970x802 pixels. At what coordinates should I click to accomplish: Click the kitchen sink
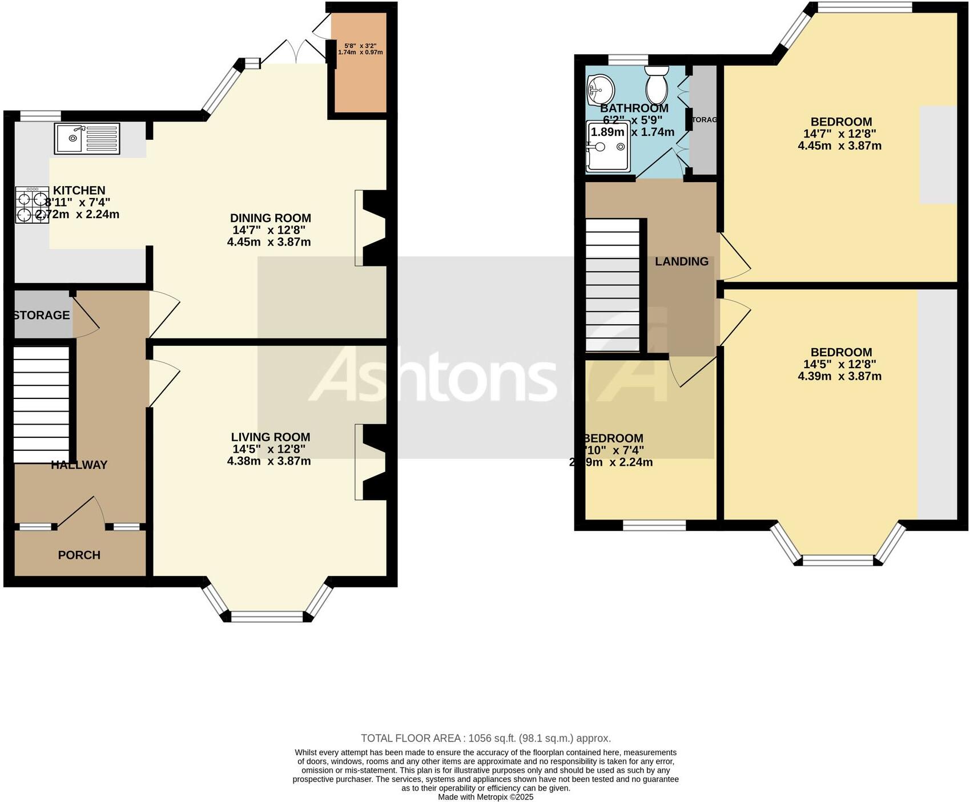pyautogui.click(x=87, y=138)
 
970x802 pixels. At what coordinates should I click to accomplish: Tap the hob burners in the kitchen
pyautogui.click(x=32, y=205)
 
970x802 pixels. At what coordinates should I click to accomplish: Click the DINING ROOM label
pyautogui.click(x=270, y=218)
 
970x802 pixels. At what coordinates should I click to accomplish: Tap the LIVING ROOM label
pyautogui.click(x=270, y=437)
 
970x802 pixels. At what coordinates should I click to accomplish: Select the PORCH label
pyautogui.click(x=79, y=555)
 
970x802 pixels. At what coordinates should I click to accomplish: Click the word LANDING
pyautogui.click(x=681, y=261)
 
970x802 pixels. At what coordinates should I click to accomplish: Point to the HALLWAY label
pyautogui.click(x=79, y=465)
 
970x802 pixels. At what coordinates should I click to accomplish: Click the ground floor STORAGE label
pyautogui.click(x=41, y=315)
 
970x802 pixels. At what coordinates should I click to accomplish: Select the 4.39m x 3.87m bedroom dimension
pyautogui.click(x=839, y=376)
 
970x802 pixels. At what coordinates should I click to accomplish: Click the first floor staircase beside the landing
pyautogui.click(x=613, y=285)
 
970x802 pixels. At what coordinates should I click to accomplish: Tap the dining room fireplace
pyautogui.click(x=372, y=228)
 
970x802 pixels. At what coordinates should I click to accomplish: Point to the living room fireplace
pyautogui.click(x=372, y=462)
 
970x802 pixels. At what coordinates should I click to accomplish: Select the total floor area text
pyautogui.click(x=485, y=738)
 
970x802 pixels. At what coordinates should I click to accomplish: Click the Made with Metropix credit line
pyautogui.click(x=485, y=797)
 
